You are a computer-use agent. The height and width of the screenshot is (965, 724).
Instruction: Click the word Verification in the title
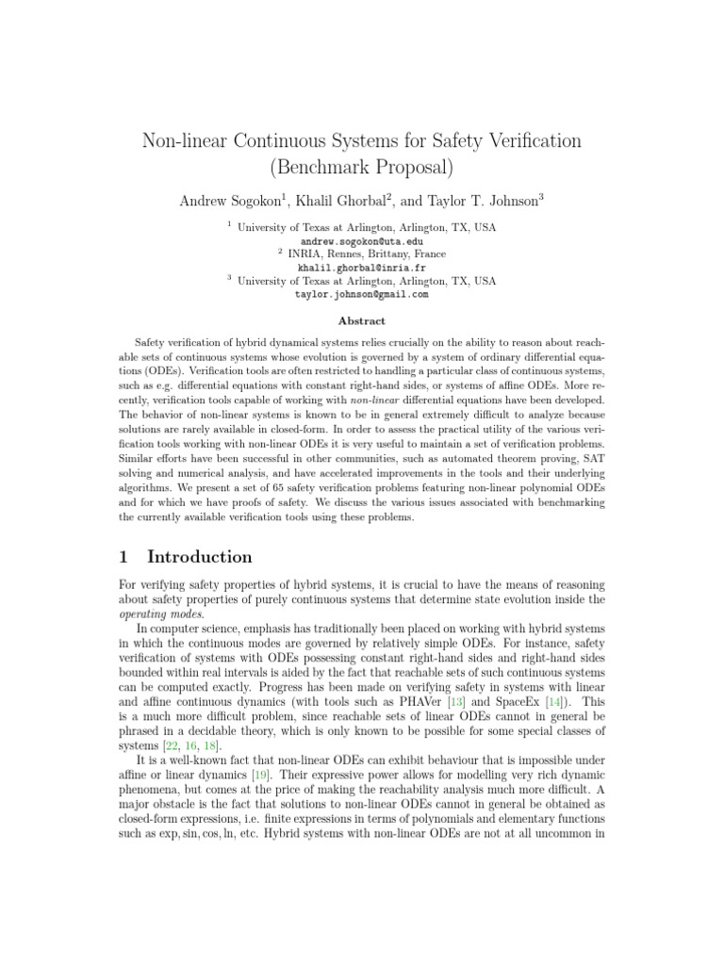tap(532, 141)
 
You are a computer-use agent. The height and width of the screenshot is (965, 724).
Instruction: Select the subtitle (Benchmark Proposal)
tap(362, 169)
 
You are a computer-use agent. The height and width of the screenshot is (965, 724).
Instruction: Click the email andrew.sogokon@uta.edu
tap(362, 241)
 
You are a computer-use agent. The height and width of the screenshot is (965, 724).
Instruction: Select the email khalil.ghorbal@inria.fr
tap(362, 268)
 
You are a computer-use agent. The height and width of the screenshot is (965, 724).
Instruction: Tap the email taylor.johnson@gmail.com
tap(362, 294)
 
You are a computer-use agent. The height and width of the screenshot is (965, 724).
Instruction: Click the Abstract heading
tap(362, 321)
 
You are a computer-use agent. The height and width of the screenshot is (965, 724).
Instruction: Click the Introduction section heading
tap(200, 557)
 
